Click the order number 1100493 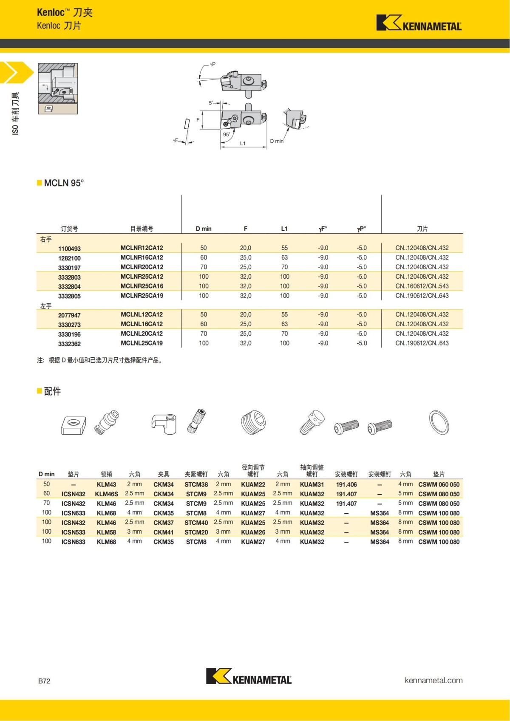pos(69,249)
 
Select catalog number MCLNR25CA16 pos(142,286)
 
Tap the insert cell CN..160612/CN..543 pos(422,286)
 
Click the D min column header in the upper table pos(204,229)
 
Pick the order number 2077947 pos(69,315)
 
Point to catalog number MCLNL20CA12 pos(142,334)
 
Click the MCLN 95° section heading pos(64,183)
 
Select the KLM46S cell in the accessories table pos(106,494)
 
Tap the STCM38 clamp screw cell pos(196,484)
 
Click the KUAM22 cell pos(253,484)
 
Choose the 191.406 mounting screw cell pos(346,484)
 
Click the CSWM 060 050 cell pos(439,484)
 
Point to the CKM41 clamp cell pos(163,532)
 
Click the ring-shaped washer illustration pos(439,423)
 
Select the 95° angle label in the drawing pos(227,134)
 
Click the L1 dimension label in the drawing pos(243,143)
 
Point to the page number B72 pos(44,681)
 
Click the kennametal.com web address pos(433,680)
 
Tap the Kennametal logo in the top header pos(419,23)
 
